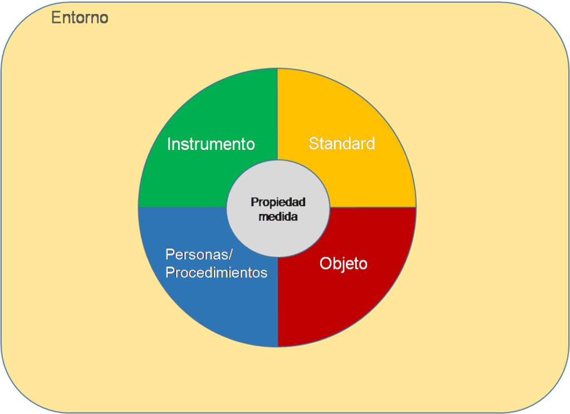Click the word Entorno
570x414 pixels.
(80, 17)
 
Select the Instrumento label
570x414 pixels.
(211, 144)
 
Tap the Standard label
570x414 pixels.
(342, 143)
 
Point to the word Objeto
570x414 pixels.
(343, 264)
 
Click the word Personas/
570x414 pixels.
(199, 255)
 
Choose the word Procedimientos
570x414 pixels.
(217, 272)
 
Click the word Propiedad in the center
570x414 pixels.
(278, 202)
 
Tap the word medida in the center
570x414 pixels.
(278, 217)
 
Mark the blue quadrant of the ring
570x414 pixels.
(204, 305)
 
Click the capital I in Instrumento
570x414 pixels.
(169, 144)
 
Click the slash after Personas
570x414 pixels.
(230, 255)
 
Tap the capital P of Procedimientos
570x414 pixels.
(170, 272)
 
